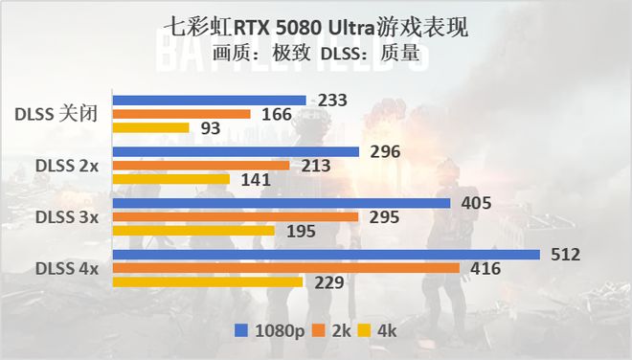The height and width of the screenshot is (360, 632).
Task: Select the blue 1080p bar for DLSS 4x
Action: click(326, 255)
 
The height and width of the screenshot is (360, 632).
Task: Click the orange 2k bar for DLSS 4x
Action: click(286, 268)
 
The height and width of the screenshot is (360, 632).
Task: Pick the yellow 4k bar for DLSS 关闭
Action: click(150, 127)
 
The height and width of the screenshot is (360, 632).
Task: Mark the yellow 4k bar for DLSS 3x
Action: click(193, 230)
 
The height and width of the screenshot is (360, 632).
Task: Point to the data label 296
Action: click(382, 151)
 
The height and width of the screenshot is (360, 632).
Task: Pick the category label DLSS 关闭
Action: click(56, 114)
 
